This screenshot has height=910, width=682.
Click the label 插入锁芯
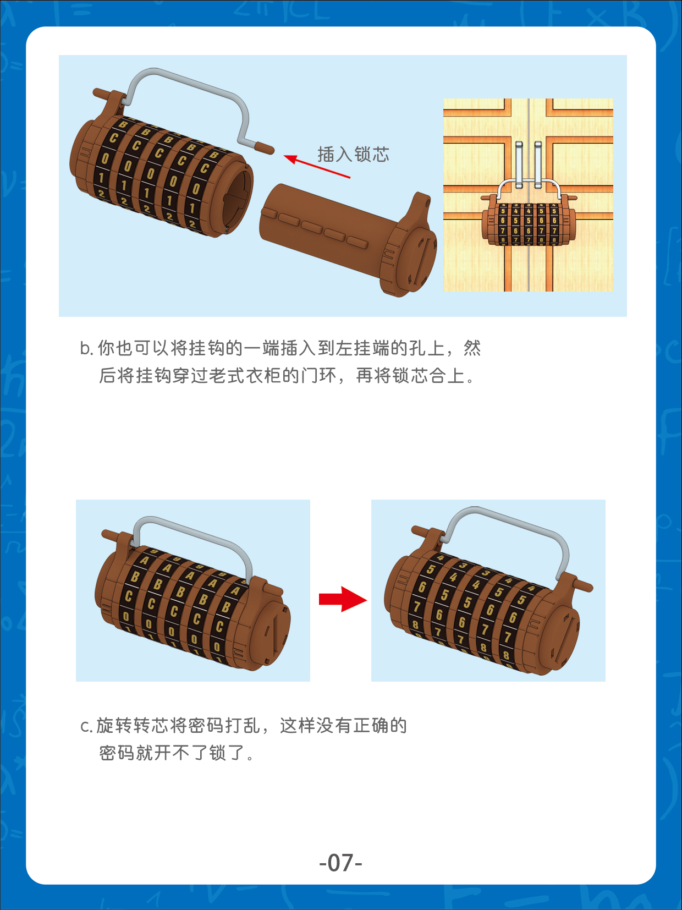tap(353, 155)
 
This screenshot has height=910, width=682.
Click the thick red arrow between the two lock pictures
tap(342, 599)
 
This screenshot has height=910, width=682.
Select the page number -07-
tap(340, 862)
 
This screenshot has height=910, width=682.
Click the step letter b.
tap(86, 349)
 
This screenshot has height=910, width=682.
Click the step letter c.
tap(86, 726)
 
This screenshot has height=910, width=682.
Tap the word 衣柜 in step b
tap(264, 376)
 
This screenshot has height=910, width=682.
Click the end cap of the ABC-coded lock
tap(272, 633)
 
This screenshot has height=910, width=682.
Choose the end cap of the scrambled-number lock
tap(561, 633)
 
